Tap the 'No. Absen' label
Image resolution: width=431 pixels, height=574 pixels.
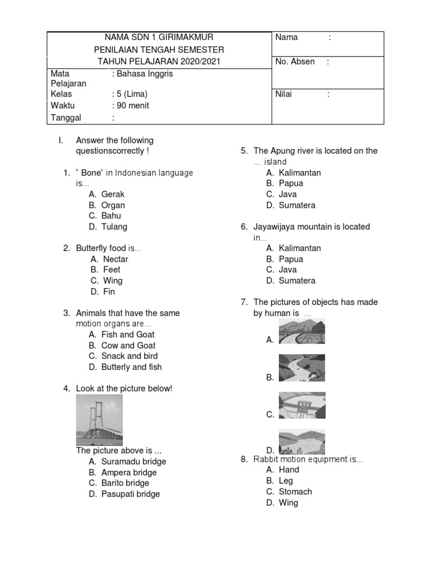pyautogui.click(x=295, y=62)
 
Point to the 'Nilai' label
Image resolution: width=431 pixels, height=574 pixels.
pyautogui.click(x=283, y=94)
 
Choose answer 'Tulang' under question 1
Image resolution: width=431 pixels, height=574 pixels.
pyautogui.click(x=114, y=227)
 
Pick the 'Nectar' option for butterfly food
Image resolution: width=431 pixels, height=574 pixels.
pyautogui.click(x=115, y=259)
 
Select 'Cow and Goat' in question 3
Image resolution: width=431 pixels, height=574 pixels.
pyautogui.click(x=128, y=345)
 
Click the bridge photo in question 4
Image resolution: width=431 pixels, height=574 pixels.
pyautogui.click(x=99, y=420)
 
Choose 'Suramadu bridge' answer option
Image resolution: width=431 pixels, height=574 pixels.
pyautogui.click(x=134, y=461)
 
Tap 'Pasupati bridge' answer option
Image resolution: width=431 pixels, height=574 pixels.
pyautogui.click(x=130, y=494)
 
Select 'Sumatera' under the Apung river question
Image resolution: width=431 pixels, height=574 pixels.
pyautogui.click(x=297, y=205)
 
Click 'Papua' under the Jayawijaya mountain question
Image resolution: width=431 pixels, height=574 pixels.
pyautogui.click(x=291, y=259)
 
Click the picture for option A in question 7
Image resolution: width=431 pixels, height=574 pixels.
pyautogui.click(x=301, y=331)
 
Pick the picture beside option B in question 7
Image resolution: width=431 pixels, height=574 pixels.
pyautogui.click(x=301, y=368)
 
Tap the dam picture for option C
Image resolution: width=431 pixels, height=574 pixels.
pyautogui.click(x=301, y=405)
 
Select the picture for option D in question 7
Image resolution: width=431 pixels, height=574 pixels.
pyautogui.click(x=301, y=442)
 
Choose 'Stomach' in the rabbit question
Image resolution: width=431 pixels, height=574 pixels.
pyautogui.click(x=295, y=492)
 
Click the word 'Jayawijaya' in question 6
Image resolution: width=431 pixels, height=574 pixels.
pyautogui.click(x=273, y=227)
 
